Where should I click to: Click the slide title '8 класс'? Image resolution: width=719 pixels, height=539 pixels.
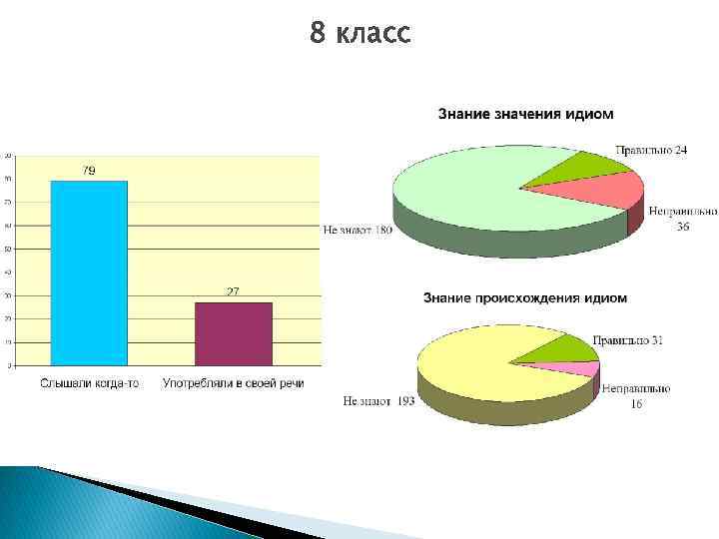click(359, 34)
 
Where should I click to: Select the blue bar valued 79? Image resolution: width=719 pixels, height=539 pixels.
click(89, 272)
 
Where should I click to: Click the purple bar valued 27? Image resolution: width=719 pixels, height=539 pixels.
click(233, 333)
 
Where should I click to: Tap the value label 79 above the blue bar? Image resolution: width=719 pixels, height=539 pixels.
click(89, 172)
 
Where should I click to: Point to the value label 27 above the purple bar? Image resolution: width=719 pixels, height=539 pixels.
click(233, 291)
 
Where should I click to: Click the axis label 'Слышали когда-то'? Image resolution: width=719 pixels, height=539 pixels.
click(89, 383)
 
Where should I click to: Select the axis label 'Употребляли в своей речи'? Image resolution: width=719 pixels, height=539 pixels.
click(233, 383)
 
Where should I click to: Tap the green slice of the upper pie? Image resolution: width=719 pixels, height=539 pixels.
click(569, 169)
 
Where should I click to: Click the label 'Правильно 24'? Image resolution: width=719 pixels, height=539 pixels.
click(650, 150)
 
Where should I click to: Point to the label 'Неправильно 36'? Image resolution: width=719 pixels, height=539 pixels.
click(683, 219)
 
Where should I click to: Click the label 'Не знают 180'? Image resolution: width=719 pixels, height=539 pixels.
click(357, 231)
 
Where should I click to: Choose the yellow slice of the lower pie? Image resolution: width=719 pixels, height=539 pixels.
click(479, 364)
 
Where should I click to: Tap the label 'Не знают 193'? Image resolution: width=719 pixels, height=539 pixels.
click(378, 401)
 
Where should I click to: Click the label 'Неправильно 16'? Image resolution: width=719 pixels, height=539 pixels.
click(635, 395)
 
